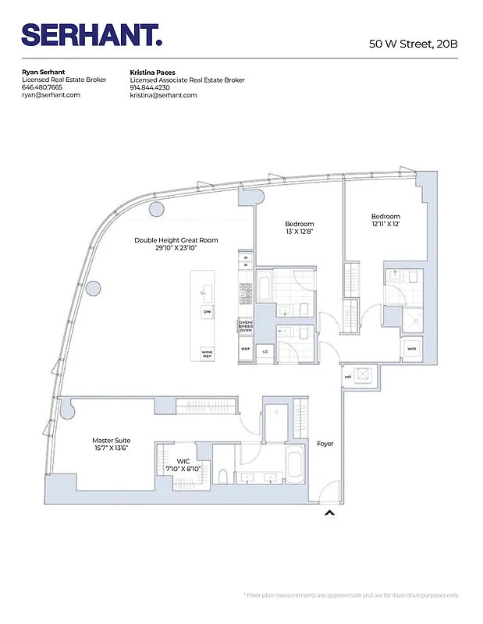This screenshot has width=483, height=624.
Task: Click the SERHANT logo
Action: pos(91,35)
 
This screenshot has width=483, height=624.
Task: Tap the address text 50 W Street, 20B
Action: pos(413,43)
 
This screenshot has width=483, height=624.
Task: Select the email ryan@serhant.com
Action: pos(51,95)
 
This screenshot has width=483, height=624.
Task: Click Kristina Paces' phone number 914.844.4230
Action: pos(151,88)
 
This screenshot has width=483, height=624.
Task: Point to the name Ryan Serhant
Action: pos(43,73)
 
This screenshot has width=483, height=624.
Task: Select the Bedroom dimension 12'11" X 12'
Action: pos(385,224)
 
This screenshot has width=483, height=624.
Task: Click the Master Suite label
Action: pos(110,440)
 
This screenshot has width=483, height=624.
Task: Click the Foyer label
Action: pos(325,444)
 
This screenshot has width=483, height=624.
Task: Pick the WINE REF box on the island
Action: pos(207,353)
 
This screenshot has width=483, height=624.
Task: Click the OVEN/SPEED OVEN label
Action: pos(246,326)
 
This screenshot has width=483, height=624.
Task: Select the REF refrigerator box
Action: pos(245,349)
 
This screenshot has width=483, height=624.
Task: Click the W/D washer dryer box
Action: pos(411,349)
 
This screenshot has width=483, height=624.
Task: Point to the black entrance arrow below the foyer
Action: pos(329,512)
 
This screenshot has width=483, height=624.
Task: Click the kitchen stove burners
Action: pos(246,293)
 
